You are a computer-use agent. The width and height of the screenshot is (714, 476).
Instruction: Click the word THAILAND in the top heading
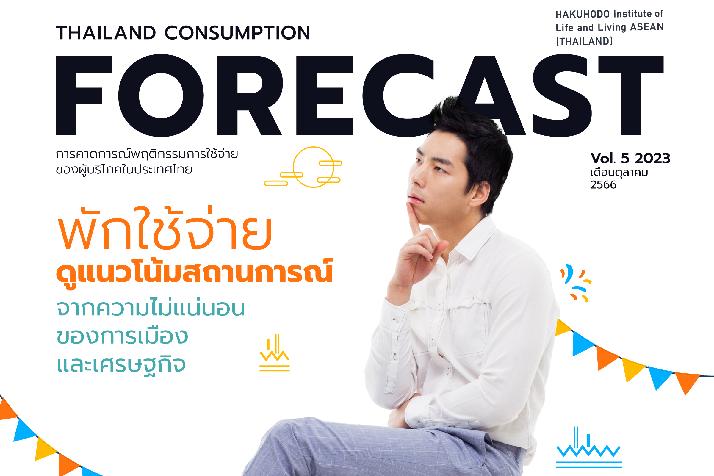pyautogui.click(x=106, y=33)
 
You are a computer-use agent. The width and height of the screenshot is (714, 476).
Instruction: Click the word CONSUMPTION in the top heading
pyautogui.click(x=237, y=33)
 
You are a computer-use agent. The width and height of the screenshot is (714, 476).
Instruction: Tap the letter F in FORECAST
pyautogui.click(x=84, y=95)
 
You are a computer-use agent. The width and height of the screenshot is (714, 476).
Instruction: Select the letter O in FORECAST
pyautogui.click(x=161, y=95)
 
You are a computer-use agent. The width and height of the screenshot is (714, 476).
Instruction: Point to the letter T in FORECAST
pyautogui.click(x=631, y=95)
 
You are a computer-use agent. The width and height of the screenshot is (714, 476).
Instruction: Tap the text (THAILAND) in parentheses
pyautogui.click(x=584, y=41)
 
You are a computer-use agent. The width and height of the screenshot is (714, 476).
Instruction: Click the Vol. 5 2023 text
pyautogui.click(x=630, y=158)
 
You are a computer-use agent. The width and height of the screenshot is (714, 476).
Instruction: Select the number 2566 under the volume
pyautogui.click(x=603, y=185)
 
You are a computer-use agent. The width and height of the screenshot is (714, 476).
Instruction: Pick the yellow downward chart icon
pyautogui.click(x=274, y=353)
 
